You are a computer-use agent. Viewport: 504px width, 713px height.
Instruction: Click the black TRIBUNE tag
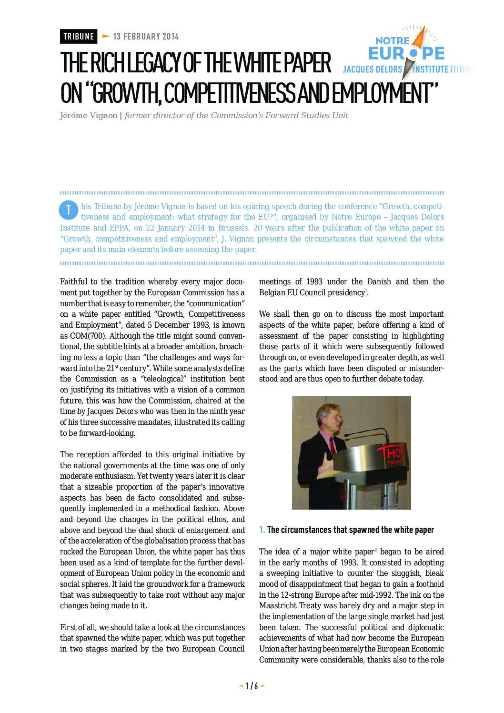point(79,36)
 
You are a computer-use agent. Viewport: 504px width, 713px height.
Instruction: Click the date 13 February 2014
point(146,36)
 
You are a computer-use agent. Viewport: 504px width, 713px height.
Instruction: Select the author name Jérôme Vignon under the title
point(89,116)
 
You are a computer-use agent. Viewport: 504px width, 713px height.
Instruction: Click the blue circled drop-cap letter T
point(69,209)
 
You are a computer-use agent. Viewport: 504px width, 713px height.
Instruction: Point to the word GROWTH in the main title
point(125,93)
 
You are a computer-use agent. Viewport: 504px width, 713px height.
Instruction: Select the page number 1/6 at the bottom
point(252,686)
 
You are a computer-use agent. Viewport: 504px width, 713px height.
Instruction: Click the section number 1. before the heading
point(262,530)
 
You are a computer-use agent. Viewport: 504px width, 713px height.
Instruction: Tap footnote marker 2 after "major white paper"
point(376,550)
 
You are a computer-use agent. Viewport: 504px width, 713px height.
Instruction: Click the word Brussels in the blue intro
point(233,228)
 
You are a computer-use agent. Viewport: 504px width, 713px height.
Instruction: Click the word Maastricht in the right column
point(282,606)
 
